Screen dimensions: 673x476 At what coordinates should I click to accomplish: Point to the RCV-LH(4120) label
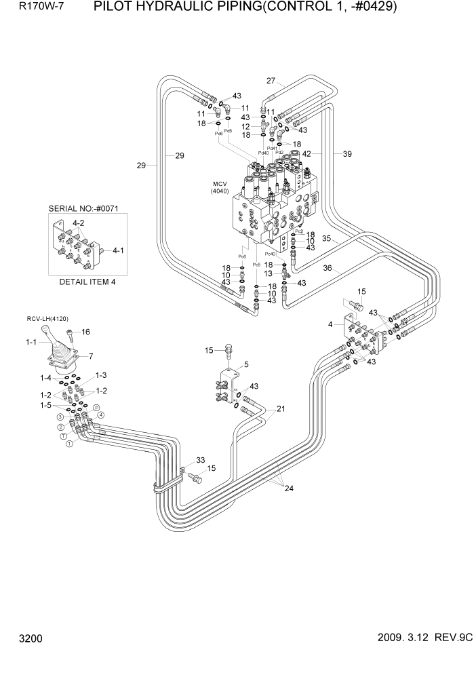(48, 318)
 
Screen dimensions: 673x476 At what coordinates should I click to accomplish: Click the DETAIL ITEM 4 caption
(87, 282)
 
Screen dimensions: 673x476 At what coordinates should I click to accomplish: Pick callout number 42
(306, 154)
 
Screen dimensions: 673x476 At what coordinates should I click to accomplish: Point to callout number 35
(326, 239)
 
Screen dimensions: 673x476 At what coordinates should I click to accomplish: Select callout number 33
(200, 461)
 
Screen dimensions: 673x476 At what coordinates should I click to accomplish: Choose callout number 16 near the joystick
(86, 332)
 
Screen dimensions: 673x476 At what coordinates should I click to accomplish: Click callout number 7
(91, 356)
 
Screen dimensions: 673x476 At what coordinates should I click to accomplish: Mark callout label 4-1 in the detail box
(118, 250)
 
